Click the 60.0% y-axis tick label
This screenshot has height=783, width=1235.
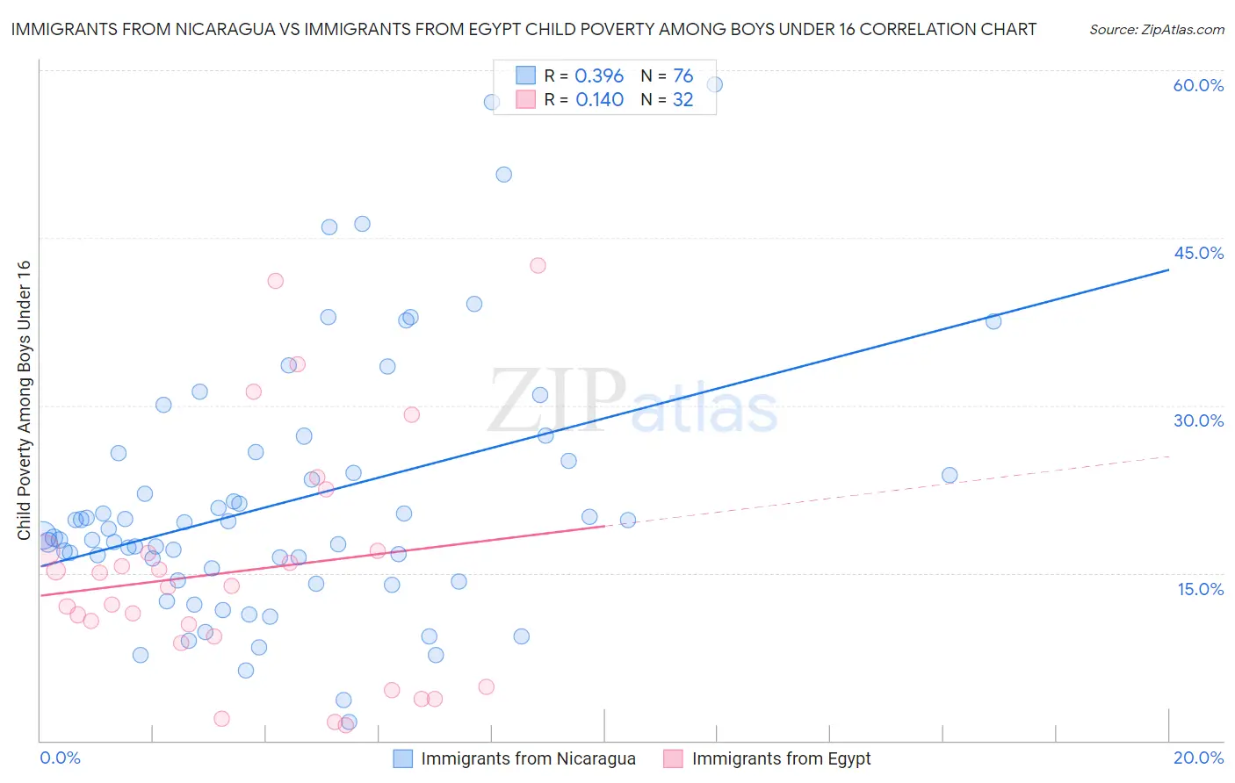click(x=1198, y=85)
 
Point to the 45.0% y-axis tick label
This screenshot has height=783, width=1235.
click(x=1198, y=253)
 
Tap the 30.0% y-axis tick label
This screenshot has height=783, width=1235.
click(x=1198, y=420)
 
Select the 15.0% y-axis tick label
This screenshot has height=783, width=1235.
click(x=1200, y=589)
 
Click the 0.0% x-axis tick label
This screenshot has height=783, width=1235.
click(x=60, y=758)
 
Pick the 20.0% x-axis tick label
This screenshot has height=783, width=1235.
click(x=1198, y=758)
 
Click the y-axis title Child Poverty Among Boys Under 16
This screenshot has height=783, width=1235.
click(x=24, y=400)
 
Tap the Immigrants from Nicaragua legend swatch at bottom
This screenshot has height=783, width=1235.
click(x=402, y=758)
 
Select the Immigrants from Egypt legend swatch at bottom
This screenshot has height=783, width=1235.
click(x=673, y=758)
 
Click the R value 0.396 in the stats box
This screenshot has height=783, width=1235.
click(x=599, y=76)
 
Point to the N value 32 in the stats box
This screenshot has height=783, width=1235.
click(x=682, y=100)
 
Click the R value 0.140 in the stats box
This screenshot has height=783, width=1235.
click(x=599, y=100)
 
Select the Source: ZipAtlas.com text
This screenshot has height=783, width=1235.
click(x=1156, y=30)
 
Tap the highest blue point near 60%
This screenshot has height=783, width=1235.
click(x=714, y=85)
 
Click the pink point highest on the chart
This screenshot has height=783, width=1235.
click(x=538, y=265)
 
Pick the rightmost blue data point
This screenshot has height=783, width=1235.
click(x=993, y=321)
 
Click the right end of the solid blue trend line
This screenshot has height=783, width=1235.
click(x=1168, y=270)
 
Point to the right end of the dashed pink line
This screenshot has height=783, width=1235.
click(x=1168, y=456)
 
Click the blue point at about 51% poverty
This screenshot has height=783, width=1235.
click(x=503, y=175)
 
